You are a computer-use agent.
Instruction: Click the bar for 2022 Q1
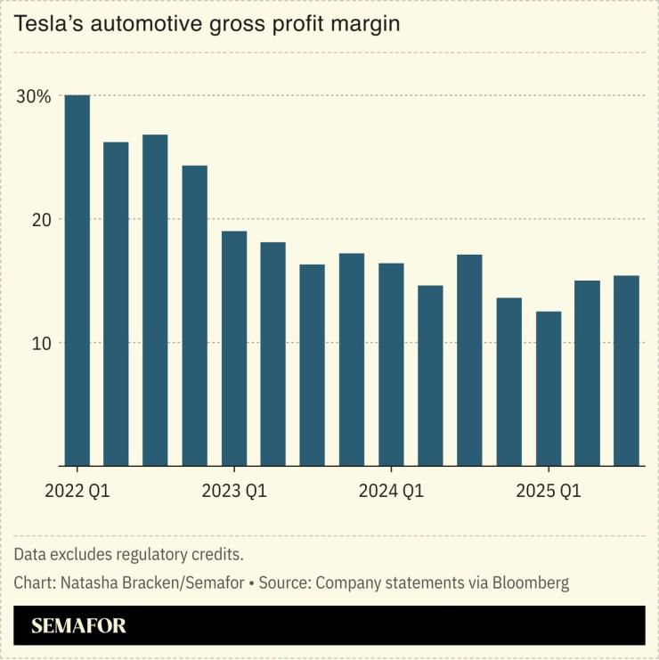tap(77, 281)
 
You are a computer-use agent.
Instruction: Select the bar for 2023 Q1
tap(234, 348)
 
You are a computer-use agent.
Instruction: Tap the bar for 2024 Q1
tap(391, 364)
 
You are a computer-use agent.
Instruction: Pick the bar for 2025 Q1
tap(548, 388)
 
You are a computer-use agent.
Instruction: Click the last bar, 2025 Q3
tap(626, 371)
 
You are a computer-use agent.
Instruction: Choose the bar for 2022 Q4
tap(195, 315)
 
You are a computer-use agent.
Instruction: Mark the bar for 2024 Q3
tap(469, 360)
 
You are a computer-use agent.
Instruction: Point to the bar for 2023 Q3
tap(312, 365)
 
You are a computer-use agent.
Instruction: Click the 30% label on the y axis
tap(34, 96)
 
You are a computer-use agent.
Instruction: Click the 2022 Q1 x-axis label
tap(77, 491)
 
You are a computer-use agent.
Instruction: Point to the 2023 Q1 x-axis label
tap(234, 491)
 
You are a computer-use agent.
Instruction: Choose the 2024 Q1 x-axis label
tap(391, 491)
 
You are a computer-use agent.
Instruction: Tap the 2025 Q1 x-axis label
tap(548, 491)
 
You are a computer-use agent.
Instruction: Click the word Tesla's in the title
tap(42, 24)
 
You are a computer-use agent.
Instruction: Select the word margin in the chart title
tap(362, 24)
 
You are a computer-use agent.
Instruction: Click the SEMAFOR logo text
tap(78, 626)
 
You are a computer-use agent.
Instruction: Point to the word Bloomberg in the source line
tap(529, 583)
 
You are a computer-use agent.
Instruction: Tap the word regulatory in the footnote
tap(157, 555)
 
